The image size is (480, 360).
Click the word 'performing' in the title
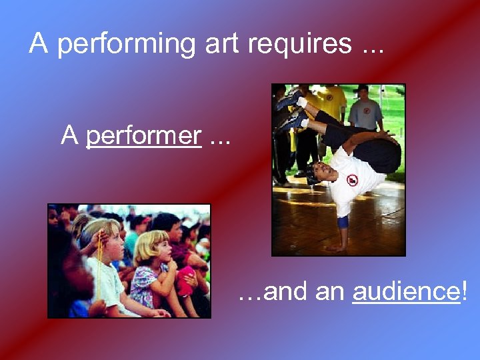(125, 44)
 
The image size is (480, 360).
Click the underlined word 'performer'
(144, 136)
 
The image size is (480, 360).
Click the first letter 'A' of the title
(39, 44)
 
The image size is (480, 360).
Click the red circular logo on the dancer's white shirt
(352, 180)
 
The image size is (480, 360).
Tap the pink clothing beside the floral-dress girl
(185, 277)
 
